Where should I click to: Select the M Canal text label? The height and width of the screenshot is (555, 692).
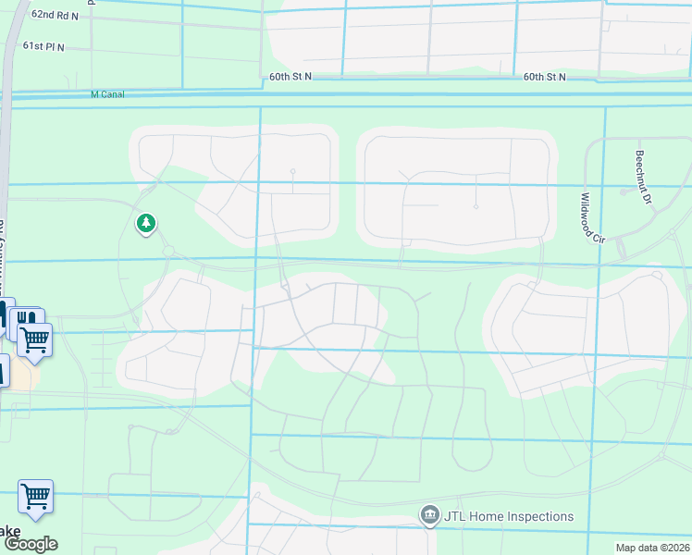(107, 94)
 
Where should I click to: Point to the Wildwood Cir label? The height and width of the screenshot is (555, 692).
(592, 217)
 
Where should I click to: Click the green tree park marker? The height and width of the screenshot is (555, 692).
(145, 223)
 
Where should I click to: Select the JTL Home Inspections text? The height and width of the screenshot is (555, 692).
(509, 516)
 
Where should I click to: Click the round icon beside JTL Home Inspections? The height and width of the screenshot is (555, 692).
(429, 516)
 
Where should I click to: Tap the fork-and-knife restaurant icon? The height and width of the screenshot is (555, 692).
(24, 318)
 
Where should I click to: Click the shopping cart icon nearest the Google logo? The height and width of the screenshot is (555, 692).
(35, 495)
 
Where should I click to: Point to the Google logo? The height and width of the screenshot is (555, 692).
(30, 544)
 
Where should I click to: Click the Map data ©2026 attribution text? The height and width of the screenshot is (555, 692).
(652, 548)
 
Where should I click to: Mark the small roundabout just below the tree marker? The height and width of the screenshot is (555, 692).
(168, 251)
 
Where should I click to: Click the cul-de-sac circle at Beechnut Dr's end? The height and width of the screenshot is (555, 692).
(626, 191)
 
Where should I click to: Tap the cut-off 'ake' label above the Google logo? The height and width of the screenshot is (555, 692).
(9, 531)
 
